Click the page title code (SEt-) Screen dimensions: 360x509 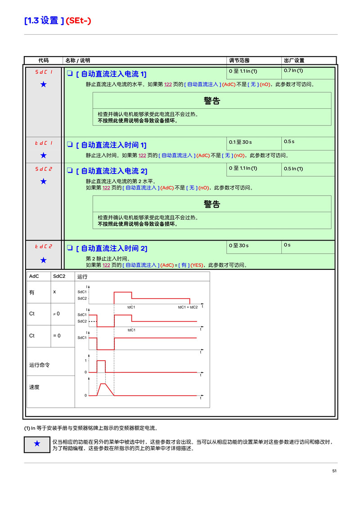pyautogui.click(x=78, y=21)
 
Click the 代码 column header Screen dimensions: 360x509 pyautogui.click(x=43, y=60)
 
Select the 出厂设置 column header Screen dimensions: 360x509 pyautogui.click(x=294, y=60)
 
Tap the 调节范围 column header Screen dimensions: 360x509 pyautogui.click(x=239, y=60)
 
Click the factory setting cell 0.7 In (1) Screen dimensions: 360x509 pyautogui.click(x=293, y=71)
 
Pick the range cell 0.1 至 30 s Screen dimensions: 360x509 pyautogui.click(x=240, y=142)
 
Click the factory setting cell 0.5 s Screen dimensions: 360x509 pyautogui.click(x=289, y=142)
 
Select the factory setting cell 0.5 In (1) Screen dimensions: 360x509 pyautogui.click(x=293, y=169)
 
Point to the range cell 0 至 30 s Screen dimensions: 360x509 pyautogui.click(x=238, y=246)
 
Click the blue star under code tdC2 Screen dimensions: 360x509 pyautogui.click(x=44, y=260)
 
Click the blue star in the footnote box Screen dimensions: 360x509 pyautogui.click(x=37, y=443)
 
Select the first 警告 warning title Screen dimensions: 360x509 pyautogui.click(x=212, y=101)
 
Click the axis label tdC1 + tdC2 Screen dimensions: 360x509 pyautogui.click(x=188, y=307)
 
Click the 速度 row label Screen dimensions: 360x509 pyautogui.click(x=34, y=387)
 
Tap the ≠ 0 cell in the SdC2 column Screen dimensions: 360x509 pyautogui.click(x=57, y=314)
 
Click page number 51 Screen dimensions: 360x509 pyautogui.click(x=334, y=471)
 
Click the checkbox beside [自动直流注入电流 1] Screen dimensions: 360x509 pyautogui.click(x=70, y=73)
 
